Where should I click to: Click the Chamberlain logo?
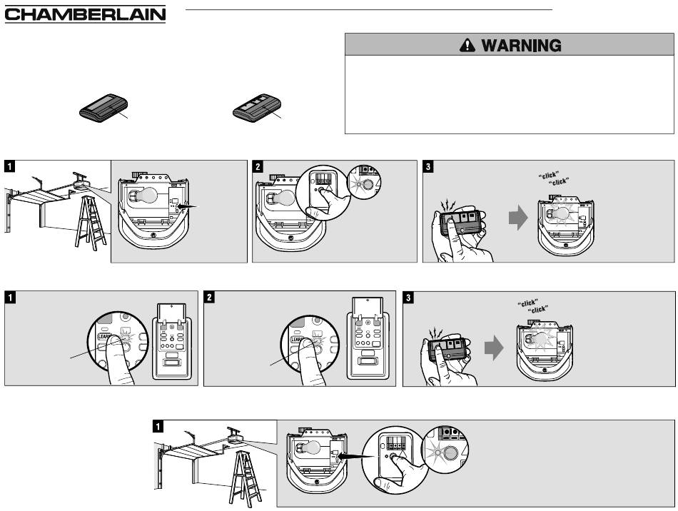84,15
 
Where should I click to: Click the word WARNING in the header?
520,46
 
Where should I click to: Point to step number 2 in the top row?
258,166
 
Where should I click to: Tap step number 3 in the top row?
428,166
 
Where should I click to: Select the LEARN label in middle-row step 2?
298,333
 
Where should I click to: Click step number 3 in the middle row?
409,296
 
